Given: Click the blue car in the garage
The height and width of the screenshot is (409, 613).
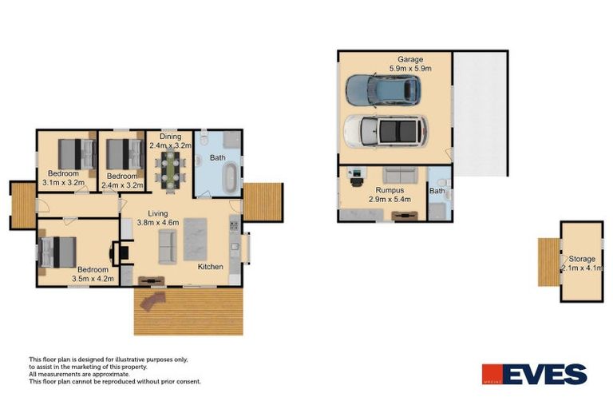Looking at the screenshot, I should (382, 89).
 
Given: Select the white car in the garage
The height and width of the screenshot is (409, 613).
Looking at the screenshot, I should (385, 130).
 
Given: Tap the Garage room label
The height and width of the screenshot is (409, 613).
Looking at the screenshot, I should (410, 60).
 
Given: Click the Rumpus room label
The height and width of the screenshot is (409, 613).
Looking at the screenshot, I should (390, 189).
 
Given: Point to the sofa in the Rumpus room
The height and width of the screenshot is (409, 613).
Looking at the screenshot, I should (398, 176).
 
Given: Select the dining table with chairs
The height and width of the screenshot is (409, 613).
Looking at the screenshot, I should (169, 169).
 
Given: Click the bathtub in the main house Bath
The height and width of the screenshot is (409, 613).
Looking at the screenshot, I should (230, 177).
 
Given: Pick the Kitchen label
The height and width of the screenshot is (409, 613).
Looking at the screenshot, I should (210, 266).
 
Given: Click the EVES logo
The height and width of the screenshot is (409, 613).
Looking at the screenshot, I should (534, 374).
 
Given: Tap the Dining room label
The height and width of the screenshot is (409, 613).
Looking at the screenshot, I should (170, 136).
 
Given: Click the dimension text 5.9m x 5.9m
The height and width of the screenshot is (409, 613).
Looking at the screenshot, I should (410, 69).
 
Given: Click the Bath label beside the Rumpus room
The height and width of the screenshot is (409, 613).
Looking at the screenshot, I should (437, 191).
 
